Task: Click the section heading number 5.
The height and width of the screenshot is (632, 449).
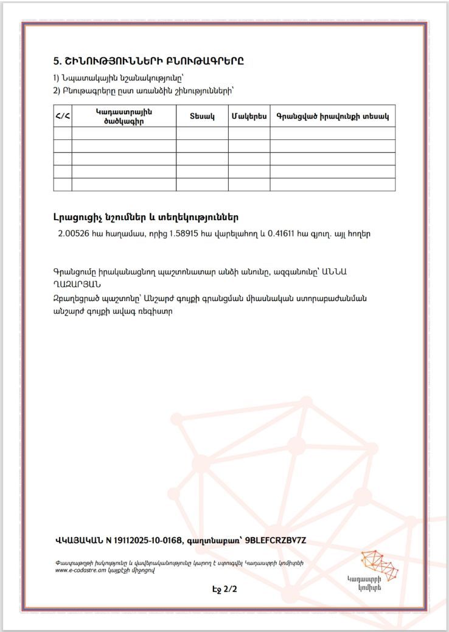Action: click(x=57, y=61)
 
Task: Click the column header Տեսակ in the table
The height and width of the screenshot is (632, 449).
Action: click(x=202, y=116)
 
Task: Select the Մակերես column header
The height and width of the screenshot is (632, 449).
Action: click(x=249, y=116)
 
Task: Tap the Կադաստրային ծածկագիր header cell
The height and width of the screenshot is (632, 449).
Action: click(x=124, y=116)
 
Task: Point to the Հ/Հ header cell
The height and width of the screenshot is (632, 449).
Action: click(x=63, y=116)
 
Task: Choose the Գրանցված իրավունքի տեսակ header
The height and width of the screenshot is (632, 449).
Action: click(x=332, y=116)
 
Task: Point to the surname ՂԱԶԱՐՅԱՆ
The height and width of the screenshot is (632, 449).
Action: click(x=77, y=283)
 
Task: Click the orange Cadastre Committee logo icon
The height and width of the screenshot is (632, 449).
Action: click(x=378, y=564)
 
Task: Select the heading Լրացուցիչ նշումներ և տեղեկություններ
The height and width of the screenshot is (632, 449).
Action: click(x=146, y=217)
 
